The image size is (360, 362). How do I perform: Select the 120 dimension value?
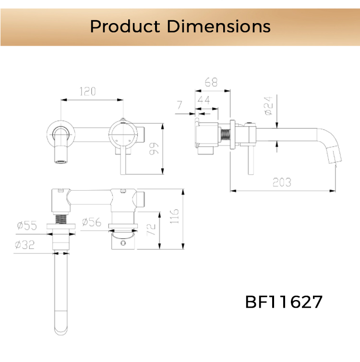pyautogui.click(x=87, y=92)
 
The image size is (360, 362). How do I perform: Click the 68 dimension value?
pyautogui.click(x=211, y=82)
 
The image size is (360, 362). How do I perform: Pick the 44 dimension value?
pyautogui.click(x=204, y=100)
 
